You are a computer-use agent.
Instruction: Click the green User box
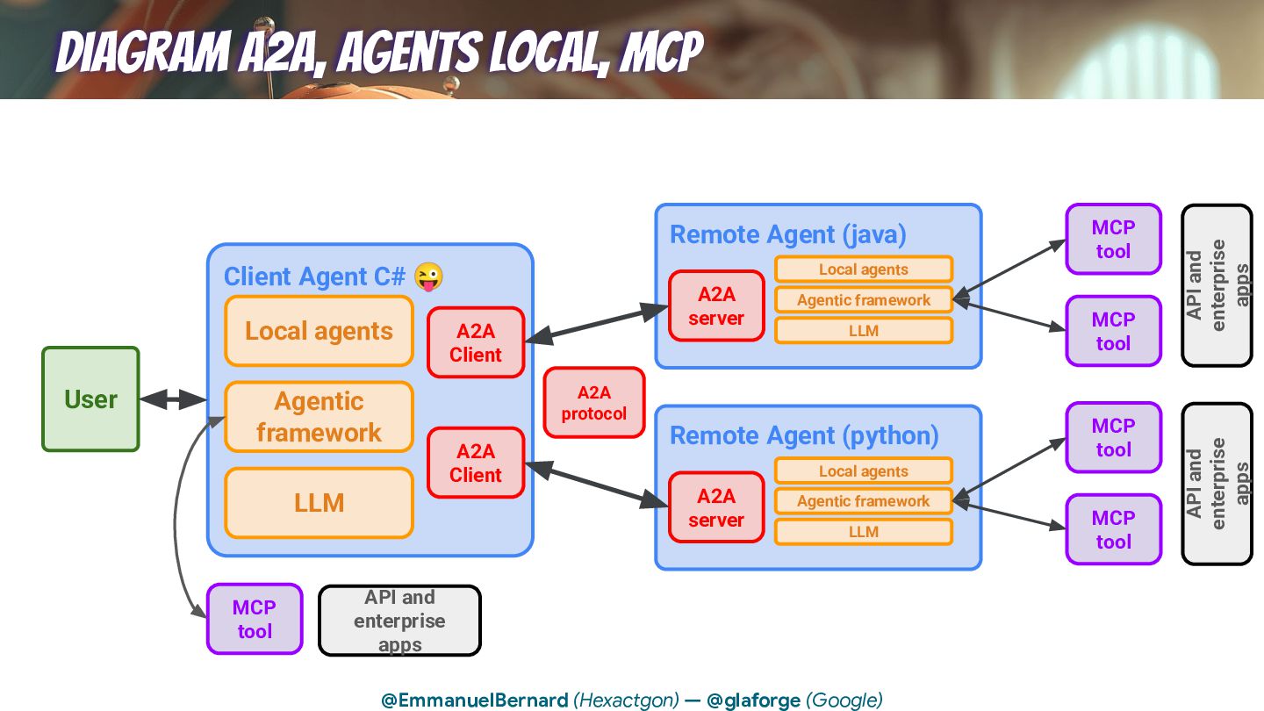(x=90, y=399)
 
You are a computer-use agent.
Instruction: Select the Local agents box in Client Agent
(x=319, y=331)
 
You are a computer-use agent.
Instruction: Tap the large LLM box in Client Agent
(x=319, y=503)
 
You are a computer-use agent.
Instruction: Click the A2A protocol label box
(x=594, y=403)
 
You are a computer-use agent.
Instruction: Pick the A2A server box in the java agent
(x=716, y=306)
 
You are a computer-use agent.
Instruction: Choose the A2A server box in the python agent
(x=716, y=507)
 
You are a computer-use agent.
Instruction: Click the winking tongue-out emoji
(x=428, y=276)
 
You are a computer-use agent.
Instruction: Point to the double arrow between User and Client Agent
(x=173, y=399)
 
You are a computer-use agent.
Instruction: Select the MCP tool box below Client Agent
(x=255, y=619)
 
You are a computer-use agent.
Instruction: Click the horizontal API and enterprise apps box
(x=399, y=621)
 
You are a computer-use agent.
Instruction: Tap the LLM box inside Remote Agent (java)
(x=864, y=331)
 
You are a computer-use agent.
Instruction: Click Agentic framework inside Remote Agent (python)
(x=864, y=501)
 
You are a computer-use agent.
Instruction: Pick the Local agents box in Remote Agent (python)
(x=864, y=471)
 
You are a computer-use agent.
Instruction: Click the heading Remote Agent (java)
(x=788, y=234)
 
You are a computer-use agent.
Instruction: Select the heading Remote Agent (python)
(x=804, y=435)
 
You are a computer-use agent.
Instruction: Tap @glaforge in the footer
(x=753, y=700)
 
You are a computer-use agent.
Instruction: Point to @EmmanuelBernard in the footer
(x=474, y=700)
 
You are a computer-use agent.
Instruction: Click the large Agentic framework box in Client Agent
(x=319, y=417)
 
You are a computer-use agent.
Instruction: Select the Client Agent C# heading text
(x=314, y=276)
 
